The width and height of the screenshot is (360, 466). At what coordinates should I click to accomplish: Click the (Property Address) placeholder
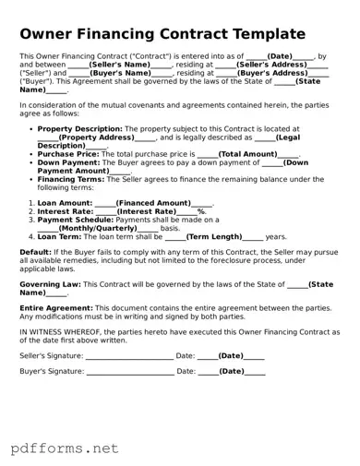pyautogui.click(x=97, y=137)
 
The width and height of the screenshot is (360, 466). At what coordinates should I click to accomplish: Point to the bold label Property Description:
pyautogui.click(x=79, y=129)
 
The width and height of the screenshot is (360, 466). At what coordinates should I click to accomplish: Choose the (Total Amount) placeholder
pyautogui.click(x=247, y=154)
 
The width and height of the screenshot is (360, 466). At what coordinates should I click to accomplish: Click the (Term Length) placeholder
pyautogui.click(x=214, y=236)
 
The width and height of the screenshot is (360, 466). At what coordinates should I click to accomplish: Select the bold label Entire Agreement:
pyautogui.click(x=54, y=307)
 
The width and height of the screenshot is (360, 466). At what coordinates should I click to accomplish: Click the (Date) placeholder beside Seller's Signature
pyautogui.click(x=230, y=355)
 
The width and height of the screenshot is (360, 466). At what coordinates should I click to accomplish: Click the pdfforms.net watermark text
pyautogui.click(x=65, y=449)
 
